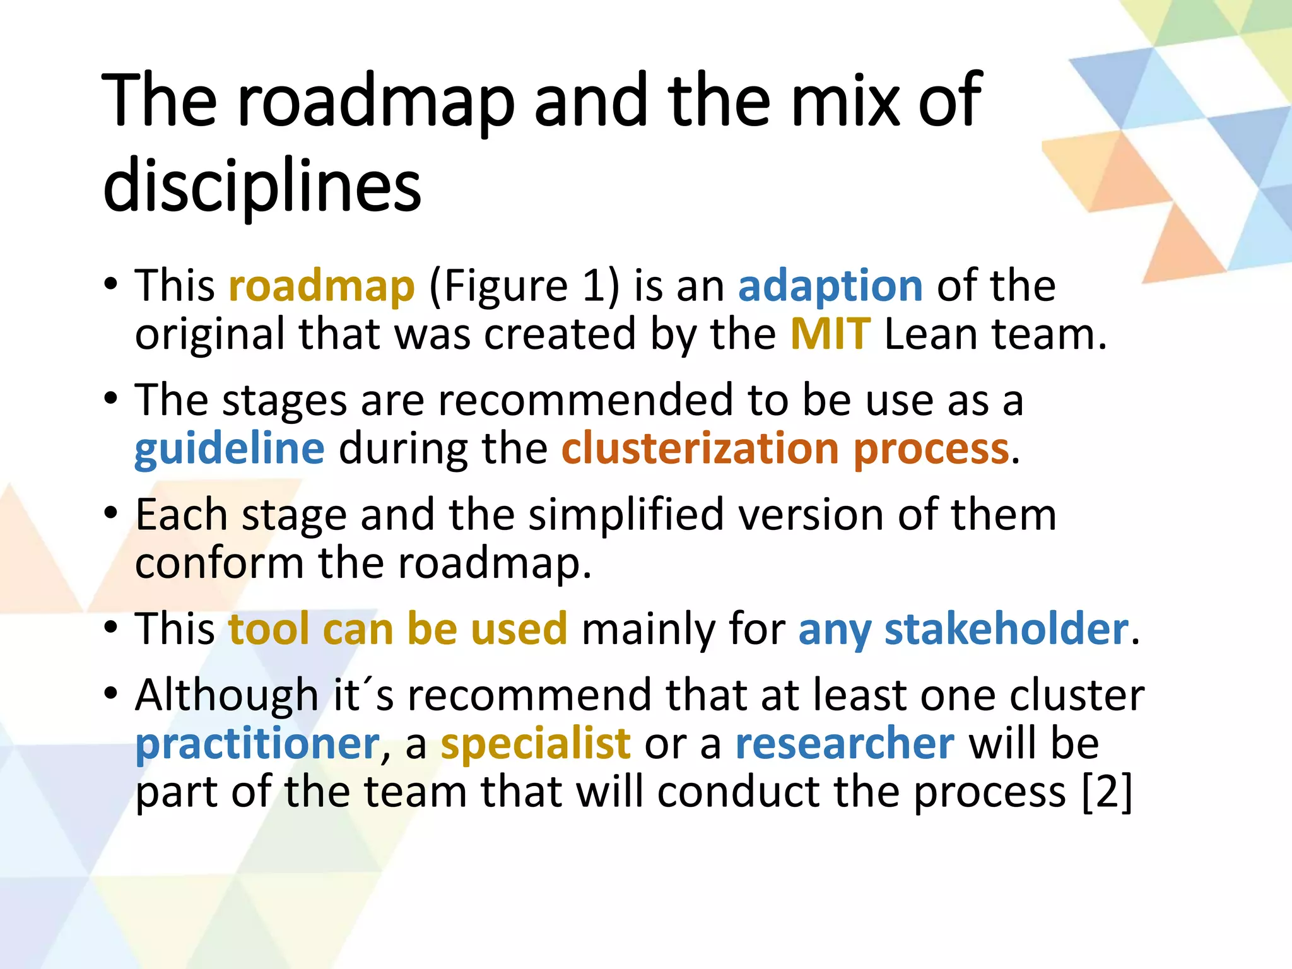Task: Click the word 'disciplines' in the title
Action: [262, 184]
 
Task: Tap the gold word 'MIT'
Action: [830, 334]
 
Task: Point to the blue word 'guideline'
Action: [230, 449]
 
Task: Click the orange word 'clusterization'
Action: [700, 449]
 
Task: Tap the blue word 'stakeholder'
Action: [1006, 630]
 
